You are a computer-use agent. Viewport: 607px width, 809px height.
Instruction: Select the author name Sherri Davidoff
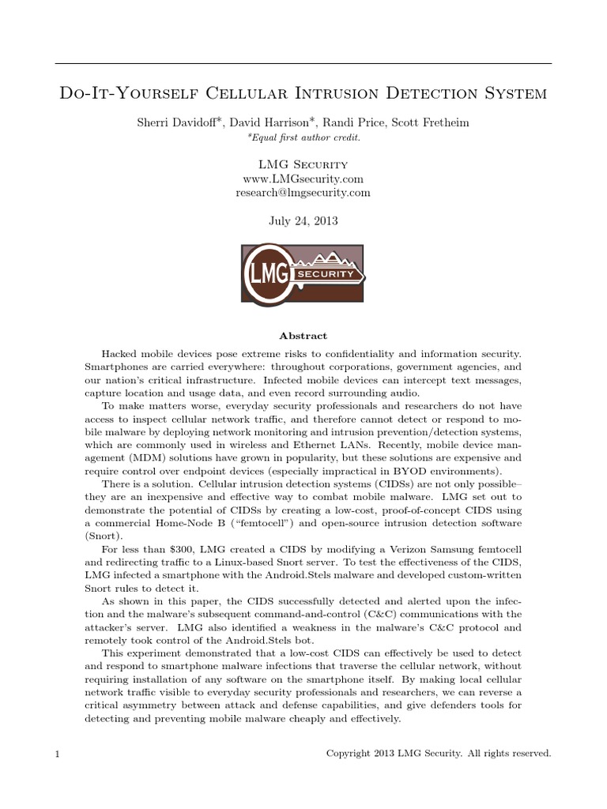168,123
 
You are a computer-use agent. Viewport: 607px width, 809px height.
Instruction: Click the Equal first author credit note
303,137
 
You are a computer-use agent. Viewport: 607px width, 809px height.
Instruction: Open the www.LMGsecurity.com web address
303,179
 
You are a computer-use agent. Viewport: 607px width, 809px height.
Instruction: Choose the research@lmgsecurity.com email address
303,193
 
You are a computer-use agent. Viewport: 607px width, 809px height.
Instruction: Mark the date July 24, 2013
303,221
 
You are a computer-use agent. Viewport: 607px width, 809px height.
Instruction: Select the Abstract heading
303,336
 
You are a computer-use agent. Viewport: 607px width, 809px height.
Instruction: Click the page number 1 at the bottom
58,754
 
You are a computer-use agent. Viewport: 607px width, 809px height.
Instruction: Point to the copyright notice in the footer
439,754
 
